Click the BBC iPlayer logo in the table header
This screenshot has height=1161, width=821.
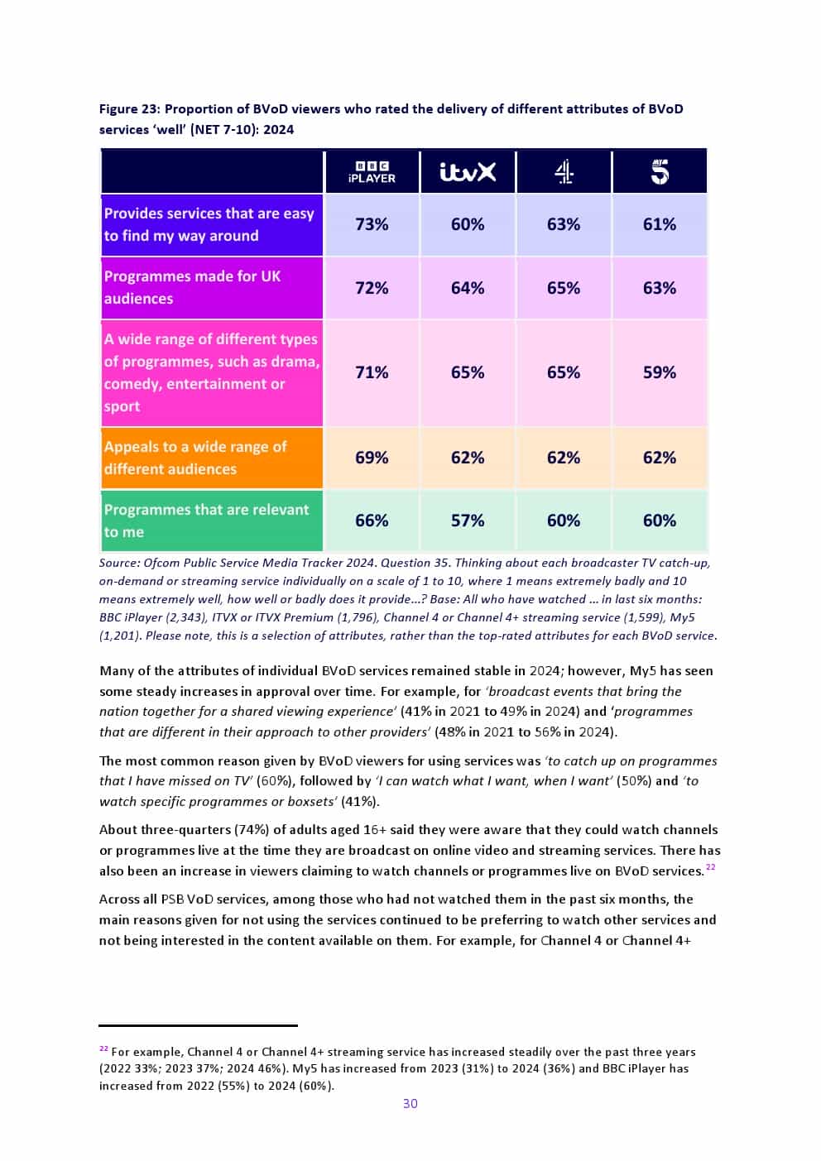pyautogui.click(x=372, y=172)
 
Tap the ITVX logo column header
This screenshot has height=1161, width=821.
pyautogui.click(x=468, y=172)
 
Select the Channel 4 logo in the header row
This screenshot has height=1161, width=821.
pyautogui.click(x=564, y=172)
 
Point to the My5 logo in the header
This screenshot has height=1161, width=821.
pyautogui.click(x=660, y=172)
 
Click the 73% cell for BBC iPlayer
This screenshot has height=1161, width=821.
pyautogui.click(x=372, y=224)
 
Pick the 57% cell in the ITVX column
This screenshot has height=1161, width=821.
pyautogui.click(x=468, y=521)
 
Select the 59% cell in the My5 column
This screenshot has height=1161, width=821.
pyautogui.click(x=660, y=372)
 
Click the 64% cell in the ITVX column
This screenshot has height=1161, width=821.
pyautogui.click(x=468, y=288)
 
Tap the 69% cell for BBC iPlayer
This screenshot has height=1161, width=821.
pyautogui.click(x=372, y=458)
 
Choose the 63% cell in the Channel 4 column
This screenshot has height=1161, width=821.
pyautogui.click(x=564, y=224)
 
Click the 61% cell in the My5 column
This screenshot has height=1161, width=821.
pyautogui.click(x=660, y=224)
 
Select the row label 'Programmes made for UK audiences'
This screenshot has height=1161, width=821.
pyautogui.click(x=192, y=287)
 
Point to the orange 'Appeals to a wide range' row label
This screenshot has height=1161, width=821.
pyautogui.click(x=195, y=458)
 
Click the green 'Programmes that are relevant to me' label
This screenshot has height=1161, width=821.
pyautogui.click(x=206, y=521)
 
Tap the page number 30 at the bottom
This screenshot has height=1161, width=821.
pyautogui.click(x=410, y=1103)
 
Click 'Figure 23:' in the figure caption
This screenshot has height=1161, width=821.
pyautogui.click(x=129, y=109)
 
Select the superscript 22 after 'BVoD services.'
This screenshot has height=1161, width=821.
pyautogui.click(x=711, y=866)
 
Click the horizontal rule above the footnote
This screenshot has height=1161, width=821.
pyautogui.click(x=198, y=1025)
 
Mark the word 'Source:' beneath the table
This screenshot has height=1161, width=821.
pyautogui.click(x=119, y=563)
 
